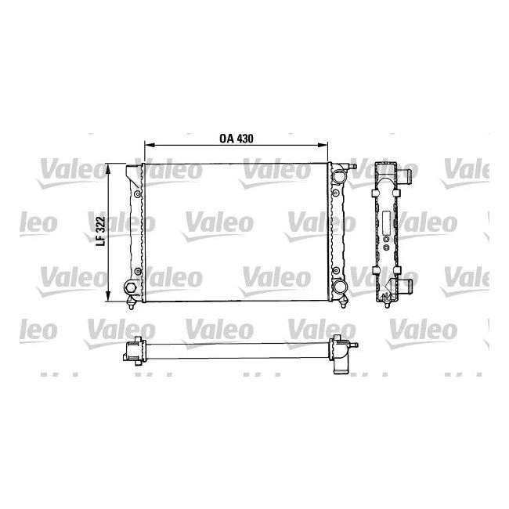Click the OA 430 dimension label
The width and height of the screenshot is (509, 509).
[x=236, y=136]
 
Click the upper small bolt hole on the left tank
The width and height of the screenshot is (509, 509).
[x=138, y=192]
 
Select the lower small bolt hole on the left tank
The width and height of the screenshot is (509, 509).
[x=138, y=272]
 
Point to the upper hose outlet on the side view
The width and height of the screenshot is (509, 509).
[x=405, y=174]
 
